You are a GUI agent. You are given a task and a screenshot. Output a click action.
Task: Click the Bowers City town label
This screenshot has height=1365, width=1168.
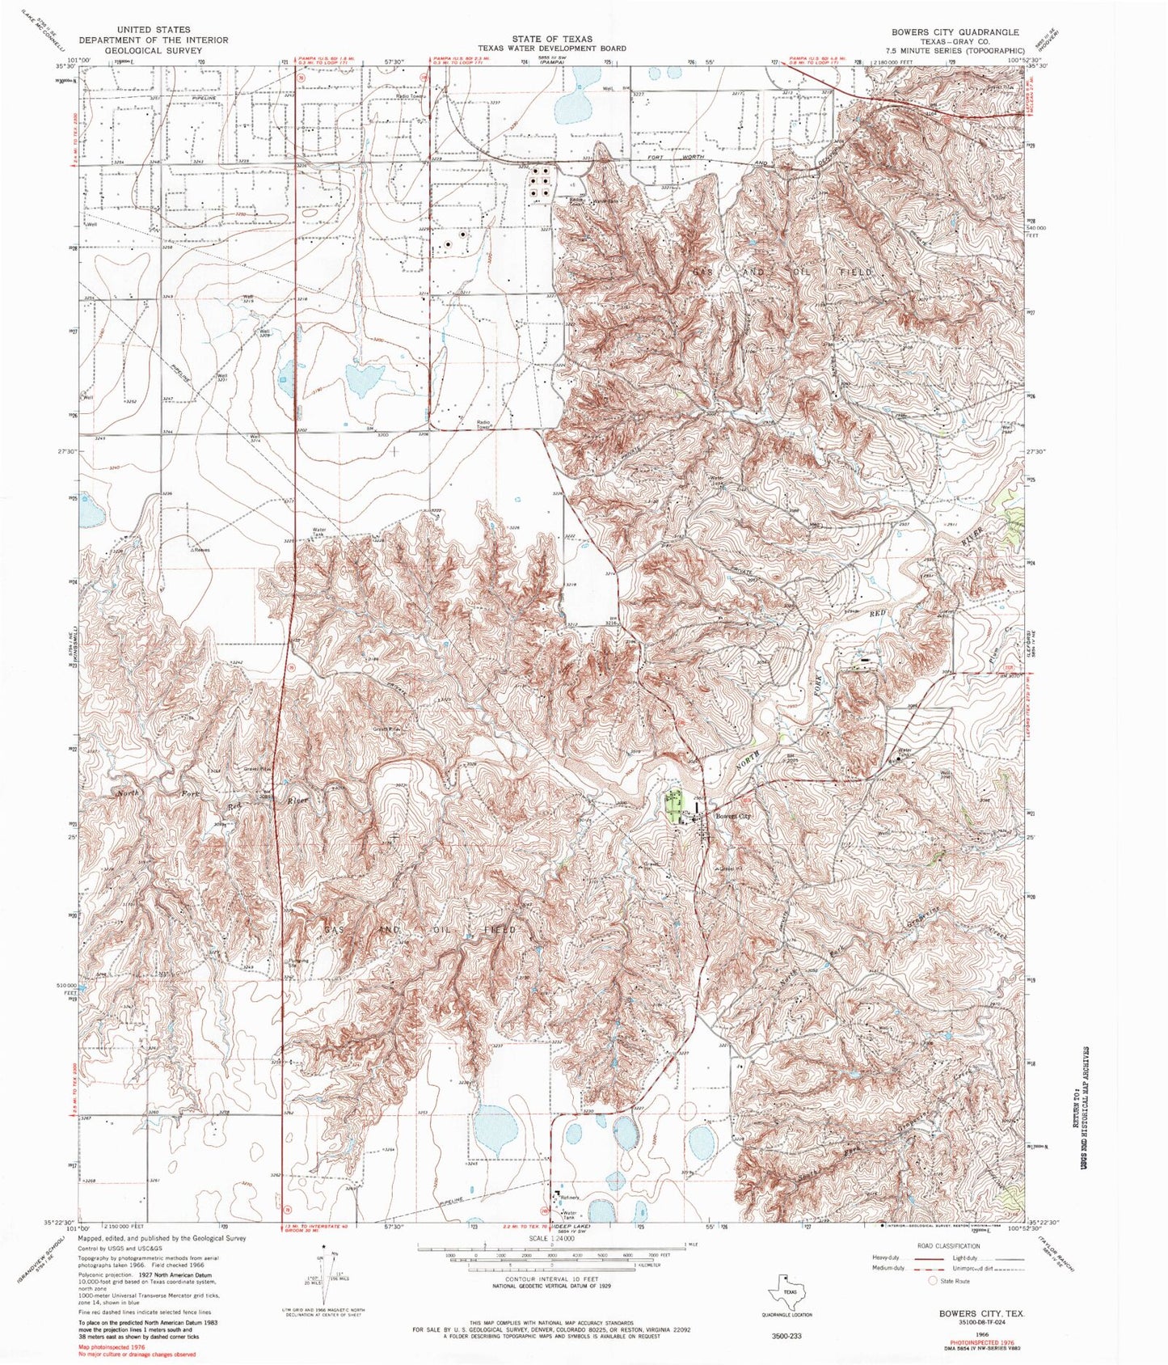(x=734, y=816)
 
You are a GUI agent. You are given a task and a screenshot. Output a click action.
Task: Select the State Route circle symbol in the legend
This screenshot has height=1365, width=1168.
(x=933, y=1281)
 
